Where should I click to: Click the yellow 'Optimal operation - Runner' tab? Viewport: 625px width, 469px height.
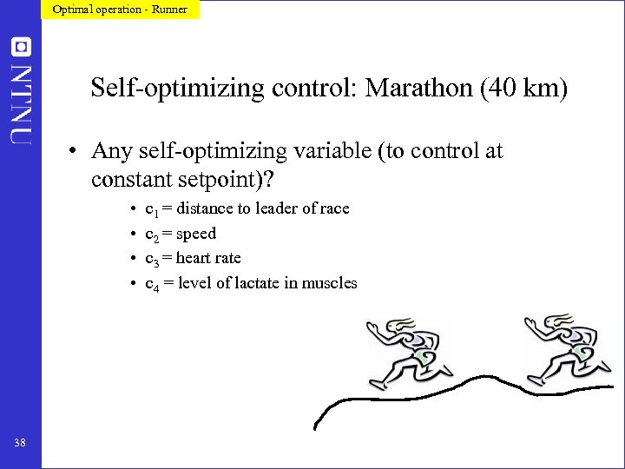pyautogui.click(x=120, y=10)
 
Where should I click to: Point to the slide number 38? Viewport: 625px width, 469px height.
pyautogui.click(x=20, y=444)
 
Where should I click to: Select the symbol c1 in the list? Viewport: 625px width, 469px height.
pyautogui.click(x=150, y=209)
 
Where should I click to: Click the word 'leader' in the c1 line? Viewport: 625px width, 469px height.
pyautogui.click(x=259, y=208)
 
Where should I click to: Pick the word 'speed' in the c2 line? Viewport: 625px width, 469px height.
pyautogui.click(x=196, y=234)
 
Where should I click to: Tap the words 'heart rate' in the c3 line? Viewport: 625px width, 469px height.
pyautogui.click(x=208, y=258)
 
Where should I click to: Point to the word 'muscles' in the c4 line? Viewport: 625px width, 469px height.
pyautogui.click(x=329, y=283)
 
